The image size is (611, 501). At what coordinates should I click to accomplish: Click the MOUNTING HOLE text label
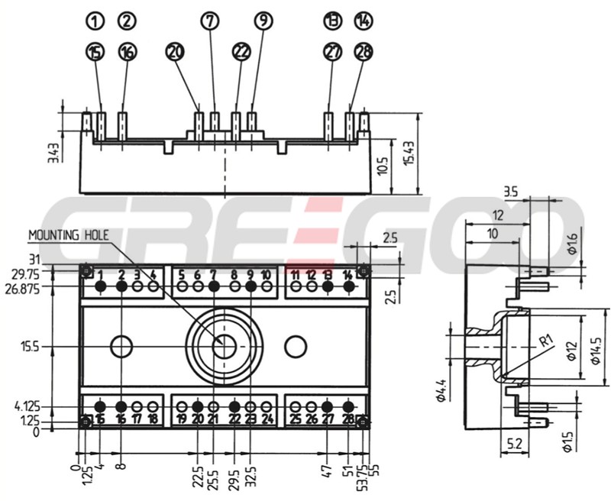pyautogui.click(x=70, y=235)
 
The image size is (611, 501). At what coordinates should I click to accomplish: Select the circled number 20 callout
pyautogui.click(x=176, y=52)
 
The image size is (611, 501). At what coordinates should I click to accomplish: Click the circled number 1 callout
pyautogui.click(x=95, y=21)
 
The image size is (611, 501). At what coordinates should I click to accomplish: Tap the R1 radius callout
pyautogui.click(x=545, y=341)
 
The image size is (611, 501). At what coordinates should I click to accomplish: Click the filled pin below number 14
pyautogui.click(x=348, y=286)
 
